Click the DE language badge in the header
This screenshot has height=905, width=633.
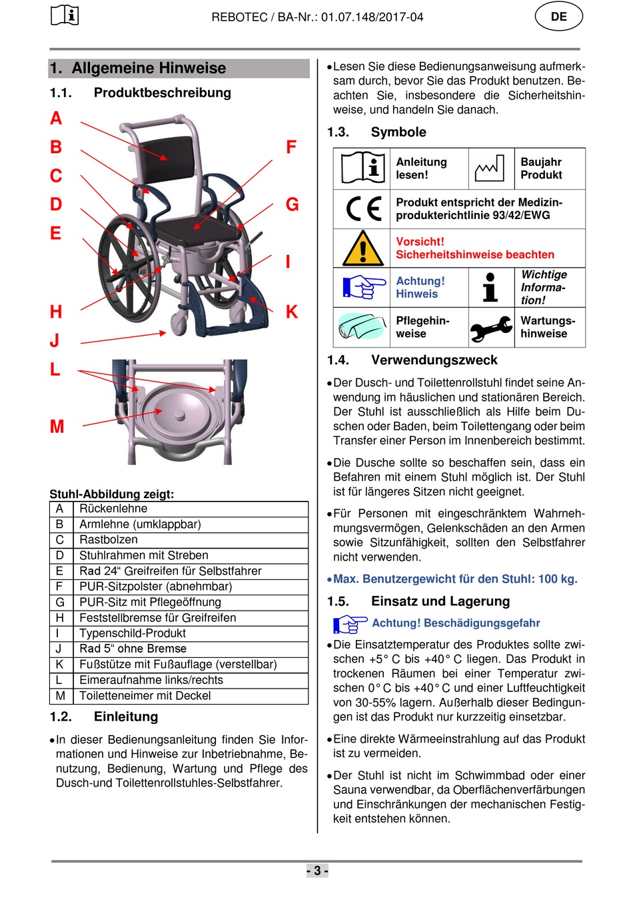[558, 17]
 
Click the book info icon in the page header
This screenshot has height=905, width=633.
[65, 15]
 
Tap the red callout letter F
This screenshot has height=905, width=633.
[291, 147]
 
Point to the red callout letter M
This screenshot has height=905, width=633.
[57, 426]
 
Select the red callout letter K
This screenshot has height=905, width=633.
[292, 312]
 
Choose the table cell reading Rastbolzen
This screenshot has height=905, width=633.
[109, 539]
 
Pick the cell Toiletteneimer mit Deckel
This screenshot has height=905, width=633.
[145, 696]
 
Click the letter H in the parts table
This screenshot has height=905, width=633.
[60, 618]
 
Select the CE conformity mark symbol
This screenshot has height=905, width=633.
[363, 209]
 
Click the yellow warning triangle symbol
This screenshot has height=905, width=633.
[362, 248]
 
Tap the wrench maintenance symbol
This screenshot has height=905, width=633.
[491, 328]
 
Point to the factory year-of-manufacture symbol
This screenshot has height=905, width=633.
[489, 169]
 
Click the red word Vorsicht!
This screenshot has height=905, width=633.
[420, 242]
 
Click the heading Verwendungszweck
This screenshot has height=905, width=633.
[434, 360]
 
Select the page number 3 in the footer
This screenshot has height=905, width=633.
[317, 870]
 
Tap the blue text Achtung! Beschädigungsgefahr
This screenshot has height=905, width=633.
[456, 623]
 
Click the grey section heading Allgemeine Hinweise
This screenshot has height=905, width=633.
[148, 69]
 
